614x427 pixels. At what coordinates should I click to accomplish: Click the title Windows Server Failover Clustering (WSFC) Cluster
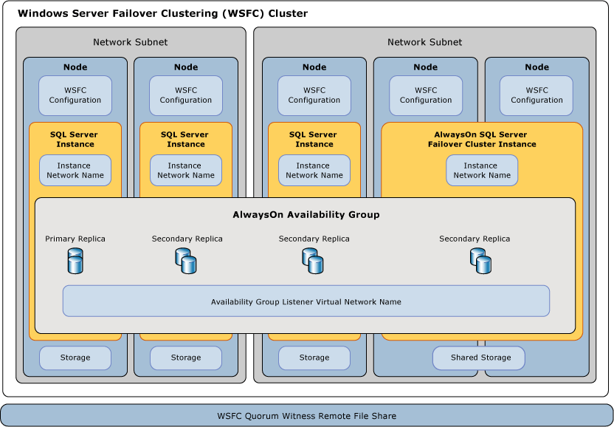pos(162,13)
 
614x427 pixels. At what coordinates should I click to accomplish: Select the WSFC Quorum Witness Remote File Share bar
pos(306,415)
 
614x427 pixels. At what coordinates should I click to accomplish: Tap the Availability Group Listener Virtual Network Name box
pos(306,301)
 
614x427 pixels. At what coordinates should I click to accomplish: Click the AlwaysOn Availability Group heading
pos(306,215)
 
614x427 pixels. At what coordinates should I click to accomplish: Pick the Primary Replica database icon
pos(75,260)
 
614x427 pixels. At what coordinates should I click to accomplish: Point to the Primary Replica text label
pos(75,239)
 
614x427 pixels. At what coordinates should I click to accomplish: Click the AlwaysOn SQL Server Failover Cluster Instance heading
pos(481,139)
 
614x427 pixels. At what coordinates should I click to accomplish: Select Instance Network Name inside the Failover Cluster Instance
pos(482,171)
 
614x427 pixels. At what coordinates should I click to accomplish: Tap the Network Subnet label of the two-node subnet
pos(131,42)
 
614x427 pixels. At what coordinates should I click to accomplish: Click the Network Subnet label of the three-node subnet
pos(424,42)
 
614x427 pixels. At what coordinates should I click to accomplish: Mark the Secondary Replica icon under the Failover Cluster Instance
pos(480,260)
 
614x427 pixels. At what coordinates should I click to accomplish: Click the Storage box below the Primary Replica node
pos(75,358)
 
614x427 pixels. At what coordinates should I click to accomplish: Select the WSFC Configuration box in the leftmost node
pos(75,95)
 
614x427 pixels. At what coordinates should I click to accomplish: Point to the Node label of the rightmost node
pos(537,67)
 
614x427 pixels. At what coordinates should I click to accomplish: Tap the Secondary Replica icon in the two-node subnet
pos(186,260)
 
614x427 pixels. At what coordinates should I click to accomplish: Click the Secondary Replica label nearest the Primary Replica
pos(187,239)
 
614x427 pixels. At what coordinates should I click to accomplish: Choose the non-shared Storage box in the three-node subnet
pos(314,358)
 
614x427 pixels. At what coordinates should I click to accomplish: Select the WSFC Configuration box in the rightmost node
pos(537,95)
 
